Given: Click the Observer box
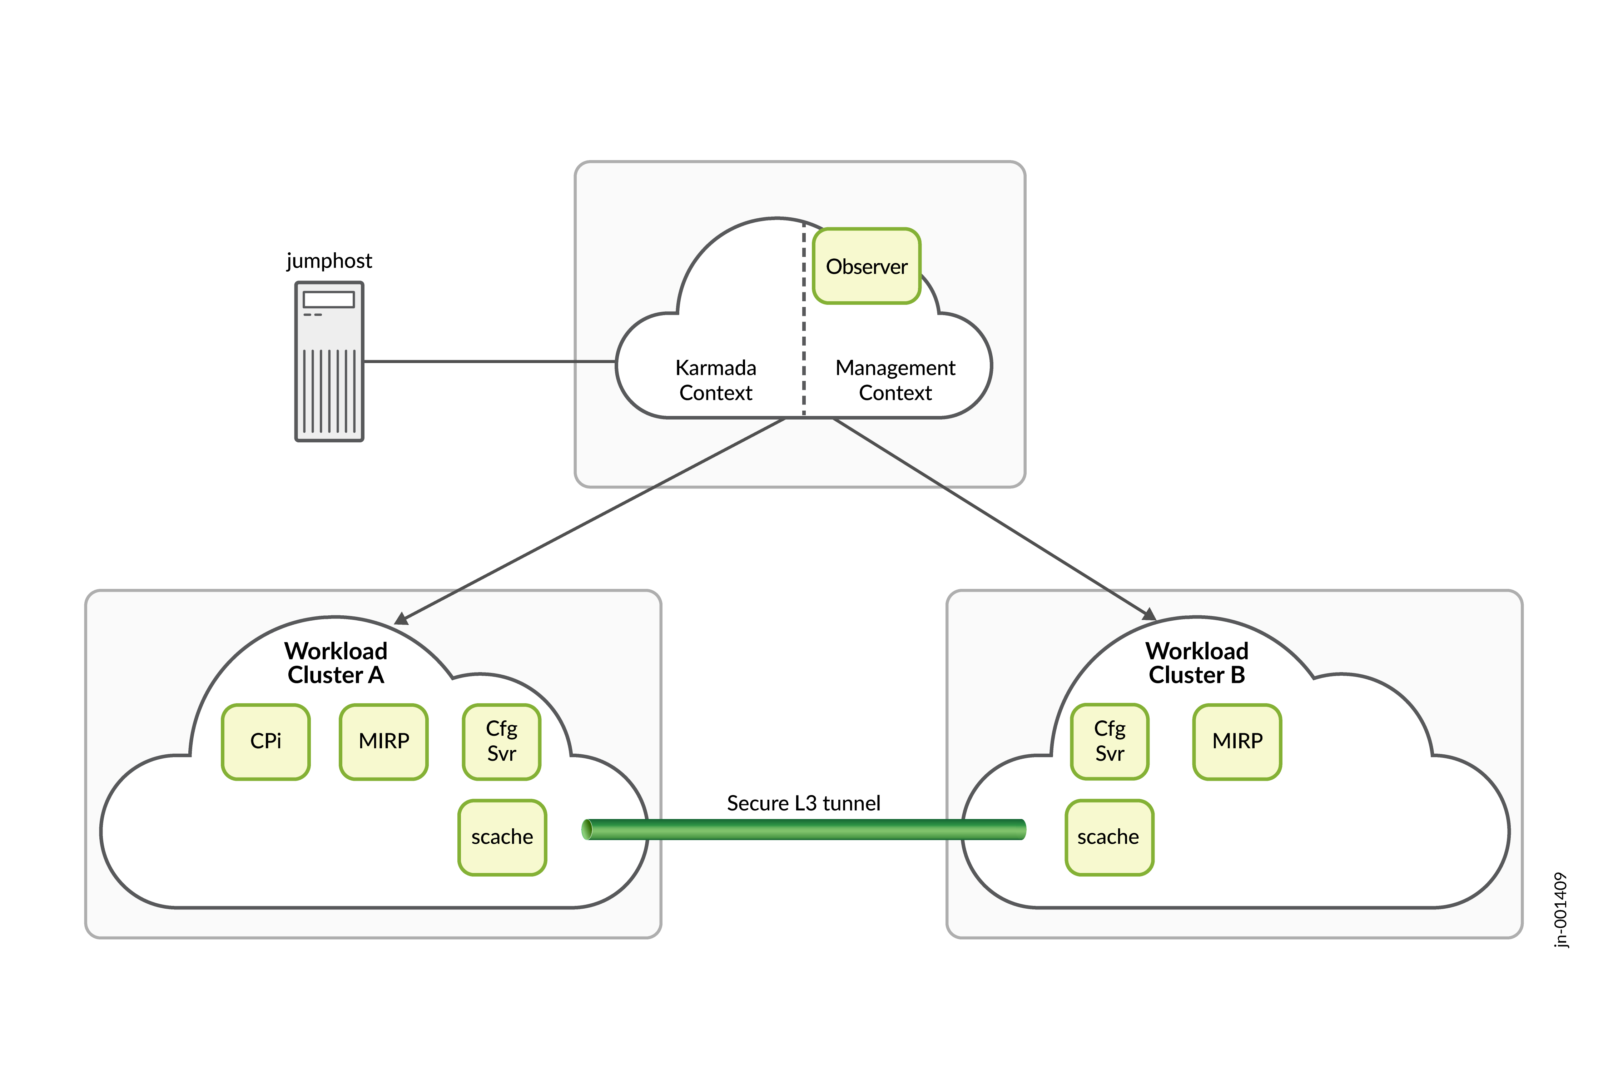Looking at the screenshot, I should click(866, 266).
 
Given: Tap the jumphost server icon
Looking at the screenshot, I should click(329, 362).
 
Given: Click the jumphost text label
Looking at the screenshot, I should click(329, 260).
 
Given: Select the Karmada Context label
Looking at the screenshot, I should click(716, 380).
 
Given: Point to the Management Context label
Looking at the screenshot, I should click(895, 380).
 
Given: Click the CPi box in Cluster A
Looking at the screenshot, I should click(266, 741).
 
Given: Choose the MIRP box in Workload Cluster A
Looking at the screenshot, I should click(383, 741).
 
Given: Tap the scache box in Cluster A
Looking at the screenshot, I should click(502, 837).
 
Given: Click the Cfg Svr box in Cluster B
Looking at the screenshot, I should click(1110, 741).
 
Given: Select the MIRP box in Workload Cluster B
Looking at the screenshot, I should click(1237, 741).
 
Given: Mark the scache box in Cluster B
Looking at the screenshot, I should click(1109, 837).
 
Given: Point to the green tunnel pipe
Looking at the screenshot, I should click(803, 829).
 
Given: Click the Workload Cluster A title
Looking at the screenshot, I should click(336, 662).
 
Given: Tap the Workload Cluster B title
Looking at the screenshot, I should click(1196, 662).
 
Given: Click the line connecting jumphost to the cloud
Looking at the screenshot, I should click(489, 362).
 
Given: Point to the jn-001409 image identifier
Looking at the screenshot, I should click(1560, 909).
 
